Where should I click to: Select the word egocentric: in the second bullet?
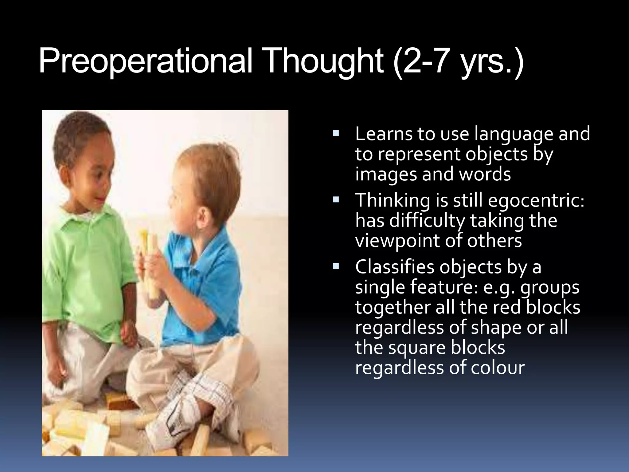536,200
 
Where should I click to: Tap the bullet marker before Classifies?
335,266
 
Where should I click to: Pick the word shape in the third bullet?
494,327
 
